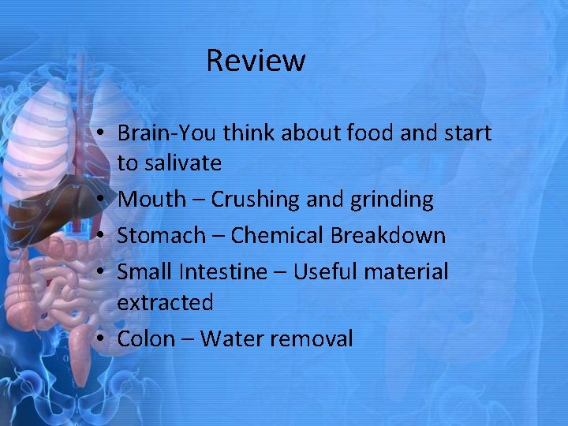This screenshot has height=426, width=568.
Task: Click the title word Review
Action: point(256,60)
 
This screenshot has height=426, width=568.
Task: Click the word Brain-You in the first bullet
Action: point(166,133)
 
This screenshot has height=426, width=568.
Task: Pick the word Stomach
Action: point(159,235)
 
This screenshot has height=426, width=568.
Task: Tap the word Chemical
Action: point(277,235)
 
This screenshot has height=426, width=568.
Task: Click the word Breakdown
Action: point(388,235)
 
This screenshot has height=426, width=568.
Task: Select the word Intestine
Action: point(223,272)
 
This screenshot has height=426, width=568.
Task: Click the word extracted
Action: point(165,302)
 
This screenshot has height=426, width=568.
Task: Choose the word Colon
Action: point(146,338)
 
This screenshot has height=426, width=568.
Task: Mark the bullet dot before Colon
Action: point(103,339)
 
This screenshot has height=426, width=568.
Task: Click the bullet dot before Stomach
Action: point(103,236)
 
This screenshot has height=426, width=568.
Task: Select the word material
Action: point(409,272)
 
